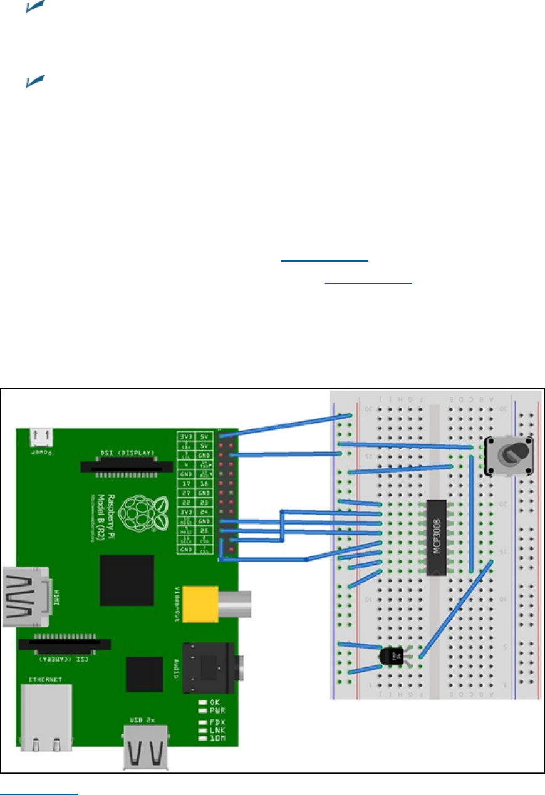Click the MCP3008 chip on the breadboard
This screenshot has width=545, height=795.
436,536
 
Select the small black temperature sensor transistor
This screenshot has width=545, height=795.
392,655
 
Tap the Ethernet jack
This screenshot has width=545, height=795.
46,717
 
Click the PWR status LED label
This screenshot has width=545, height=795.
217,711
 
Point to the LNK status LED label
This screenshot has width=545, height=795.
217,731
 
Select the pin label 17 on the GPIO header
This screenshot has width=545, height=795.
185,483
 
